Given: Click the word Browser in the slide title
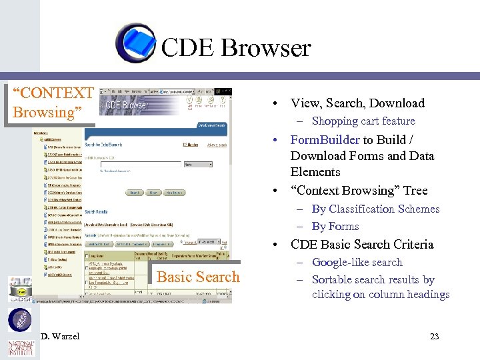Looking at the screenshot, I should tap(265, 48).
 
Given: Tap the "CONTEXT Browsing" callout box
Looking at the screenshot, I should tap(52, 103).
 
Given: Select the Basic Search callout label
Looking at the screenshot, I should tap(197, 277).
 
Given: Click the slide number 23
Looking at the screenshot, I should tap(434, 336).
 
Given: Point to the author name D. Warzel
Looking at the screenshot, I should tap(59, 336).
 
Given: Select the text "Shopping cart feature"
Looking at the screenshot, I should tap(363, 121).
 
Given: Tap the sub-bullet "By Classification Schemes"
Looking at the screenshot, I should tap(375, 209).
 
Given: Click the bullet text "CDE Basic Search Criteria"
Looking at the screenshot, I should tap(362, 245).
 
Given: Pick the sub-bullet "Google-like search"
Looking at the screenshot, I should tap(357, 263).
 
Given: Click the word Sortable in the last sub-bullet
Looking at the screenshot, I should tap(334, 280).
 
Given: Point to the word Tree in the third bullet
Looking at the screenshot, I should tap(414, 191).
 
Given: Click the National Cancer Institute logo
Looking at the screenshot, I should tap(20, 348).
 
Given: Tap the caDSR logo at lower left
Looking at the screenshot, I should tap(19, 290).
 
